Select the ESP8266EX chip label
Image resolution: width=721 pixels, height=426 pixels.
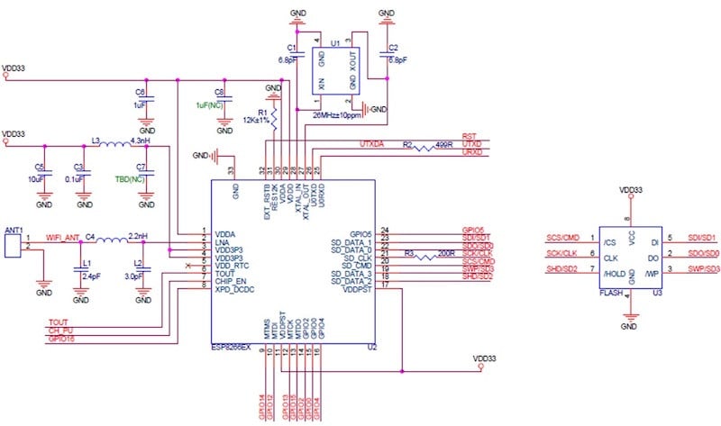238,346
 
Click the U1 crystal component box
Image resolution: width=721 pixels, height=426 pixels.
335,69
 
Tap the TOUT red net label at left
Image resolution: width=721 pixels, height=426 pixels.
57,322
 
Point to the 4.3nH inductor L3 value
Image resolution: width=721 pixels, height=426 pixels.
140,141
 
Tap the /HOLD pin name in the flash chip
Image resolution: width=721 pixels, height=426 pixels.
613,272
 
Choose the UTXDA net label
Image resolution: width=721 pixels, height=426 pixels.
372,144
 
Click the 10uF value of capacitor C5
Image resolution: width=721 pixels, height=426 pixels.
36,178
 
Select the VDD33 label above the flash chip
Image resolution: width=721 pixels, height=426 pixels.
632,190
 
